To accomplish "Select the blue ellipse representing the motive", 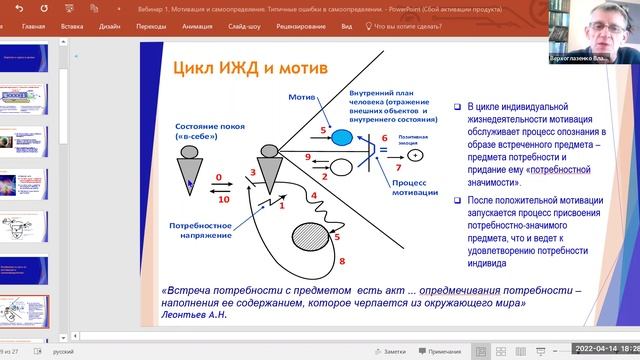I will tap(342, 136).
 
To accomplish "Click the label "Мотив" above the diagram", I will tap(301, 98).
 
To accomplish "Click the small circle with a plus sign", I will tap(416, 155).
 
